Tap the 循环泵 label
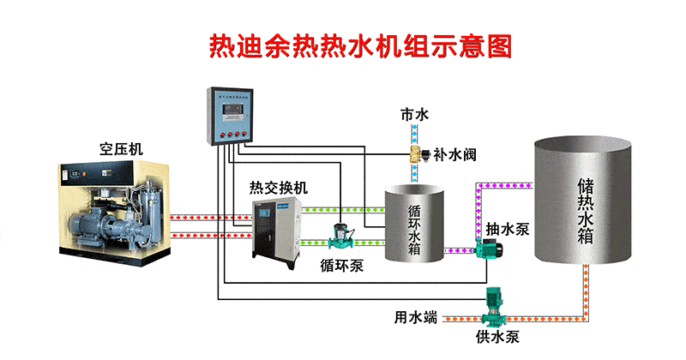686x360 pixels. tap(342, 265)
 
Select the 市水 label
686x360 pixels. tap(414, 114)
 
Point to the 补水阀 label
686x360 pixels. tap(455, 155)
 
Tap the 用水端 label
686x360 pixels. tap(416, 317)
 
